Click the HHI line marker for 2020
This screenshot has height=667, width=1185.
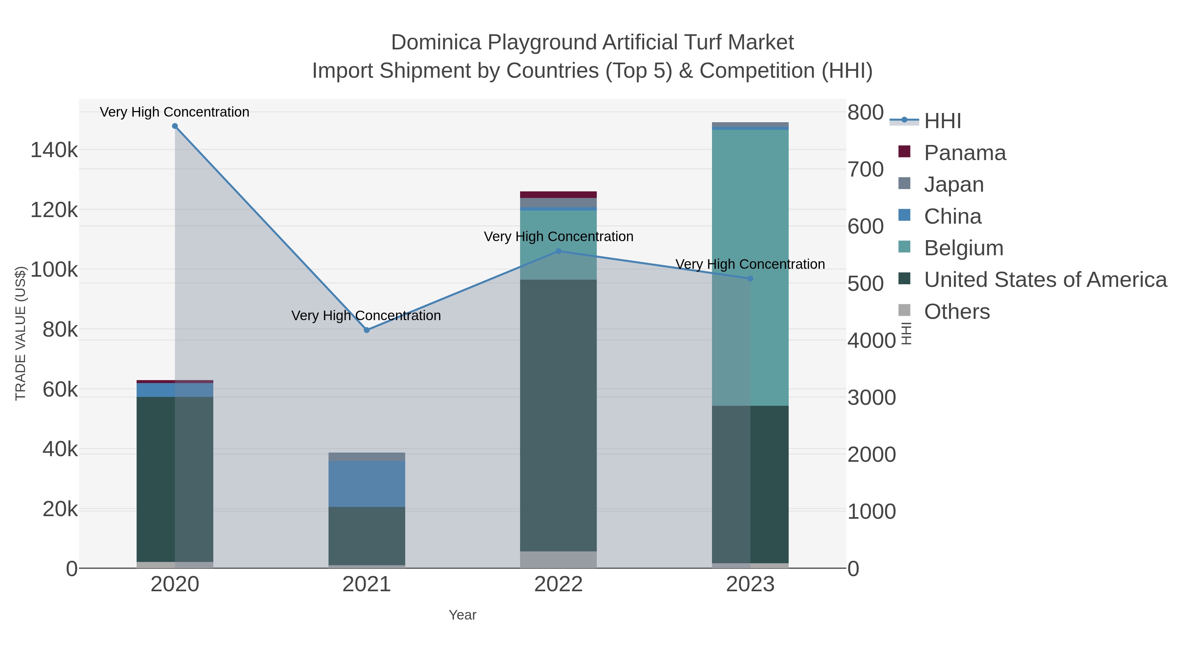(175, 126)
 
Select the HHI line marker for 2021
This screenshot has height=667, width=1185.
(367, 330)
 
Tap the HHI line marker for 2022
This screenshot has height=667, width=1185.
(559, 251)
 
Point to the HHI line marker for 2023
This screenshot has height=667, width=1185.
(750, 278)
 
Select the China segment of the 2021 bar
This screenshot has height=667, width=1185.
(367, 483)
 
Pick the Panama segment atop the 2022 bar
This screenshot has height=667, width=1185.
(559, 195)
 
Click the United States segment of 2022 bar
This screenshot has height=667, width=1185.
(559, 414)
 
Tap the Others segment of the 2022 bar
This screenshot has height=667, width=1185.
(559, 559)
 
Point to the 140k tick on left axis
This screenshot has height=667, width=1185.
(54, 150)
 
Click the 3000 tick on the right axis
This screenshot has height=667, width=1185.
(871, 398)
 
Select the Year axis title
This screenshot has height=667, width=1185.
(462, 615)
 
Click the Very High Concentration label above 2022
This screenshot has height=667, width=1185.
(559, 236)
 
